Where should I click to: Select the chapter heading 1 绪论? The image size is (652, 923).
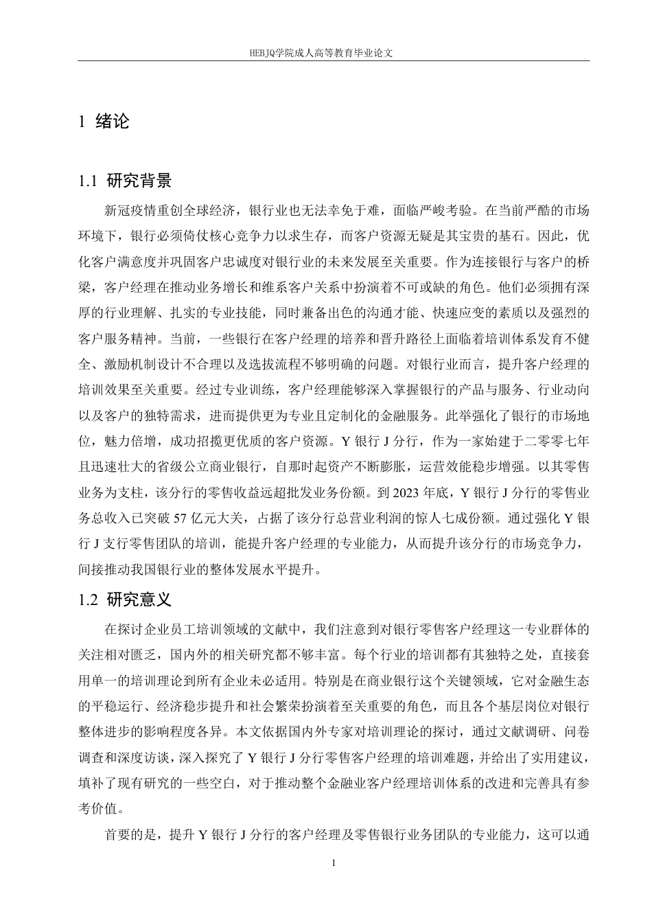[104, 122]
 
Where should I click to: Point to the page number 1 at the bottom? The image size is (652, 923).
[333, 863]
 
